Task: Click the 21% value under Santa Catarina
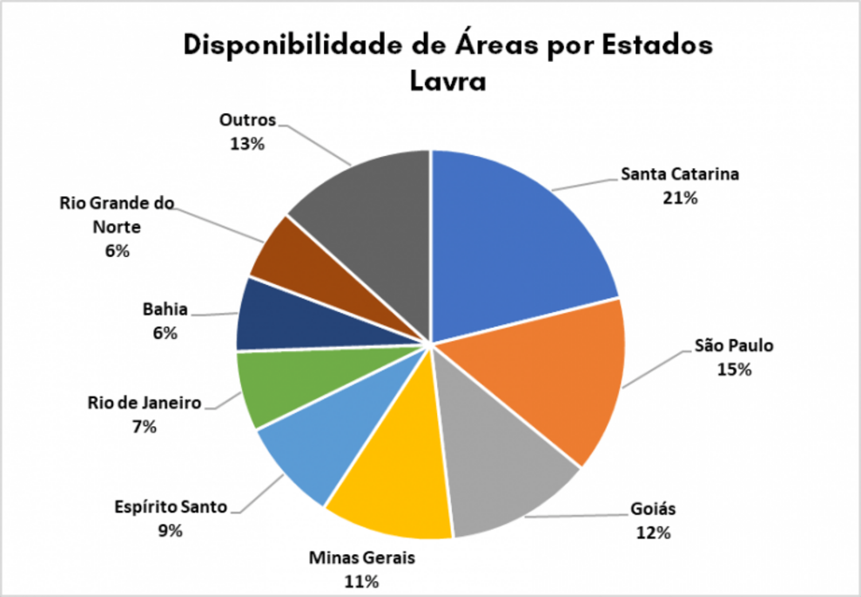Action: point(680,198)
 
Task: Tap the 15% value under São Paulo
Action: point(734,369)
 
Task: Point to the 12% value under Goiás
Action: point(652,532)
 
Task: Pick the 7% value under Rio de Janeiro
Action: point(145,426)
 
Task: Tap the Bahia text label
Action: point(165,309)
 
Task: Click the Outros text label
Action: point(247,120)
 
